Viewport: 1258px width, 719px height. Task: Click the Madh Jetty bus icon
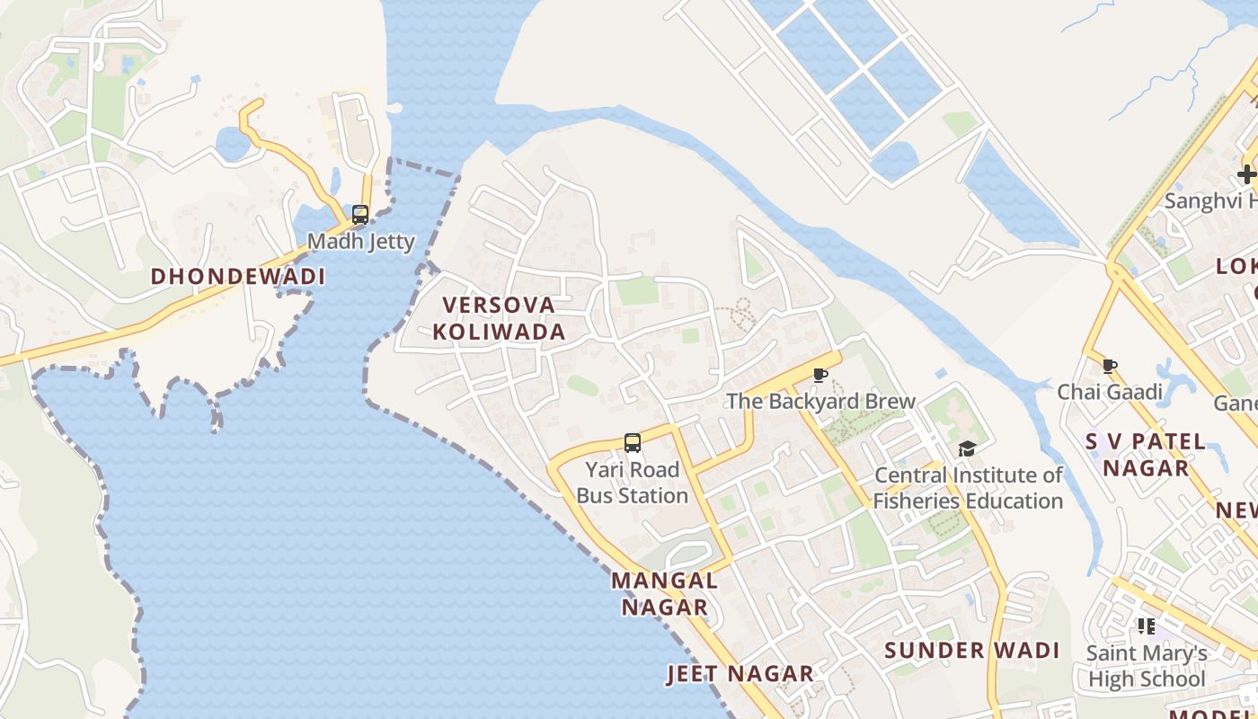360,215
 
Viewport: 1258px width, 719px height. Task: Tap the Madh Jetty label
361,242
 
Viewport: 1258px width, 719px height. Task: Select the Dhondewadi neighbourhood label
237,276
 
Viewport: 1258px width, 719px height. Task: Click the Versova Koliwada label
499,319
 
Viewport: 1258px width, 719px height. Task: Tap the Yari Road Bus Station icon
633,443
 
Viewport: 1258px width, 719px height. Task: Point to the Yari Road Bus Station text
633,483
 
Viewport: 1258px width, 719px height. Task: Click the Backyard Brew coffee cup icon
819,375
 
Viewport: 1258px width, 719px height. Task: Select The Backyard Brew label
820,402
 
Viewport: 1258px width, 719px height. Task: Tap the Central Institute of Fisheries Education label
969,488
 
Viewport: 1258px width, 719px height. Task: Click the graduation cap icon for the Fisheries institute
967,448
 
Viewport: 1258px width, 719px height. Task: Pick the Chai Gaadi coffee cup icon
1110,366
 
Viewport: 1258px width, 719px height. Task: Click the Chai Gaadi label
1110,392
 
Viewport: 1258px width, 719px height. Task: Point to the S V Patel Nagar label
1146,455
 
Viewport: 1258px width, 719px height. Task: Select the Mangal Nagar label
665,593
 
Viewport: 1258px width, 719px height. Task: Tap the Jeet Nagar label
740,674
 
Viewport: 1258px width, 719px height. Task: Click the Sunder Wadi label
972,651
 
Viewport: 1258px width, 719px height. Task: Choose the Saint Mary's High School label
1147,666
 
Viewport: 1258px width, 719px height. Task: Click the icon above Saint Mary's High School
1146,626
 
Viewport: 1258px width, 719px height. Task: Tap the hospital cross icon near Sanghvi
1247,174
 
